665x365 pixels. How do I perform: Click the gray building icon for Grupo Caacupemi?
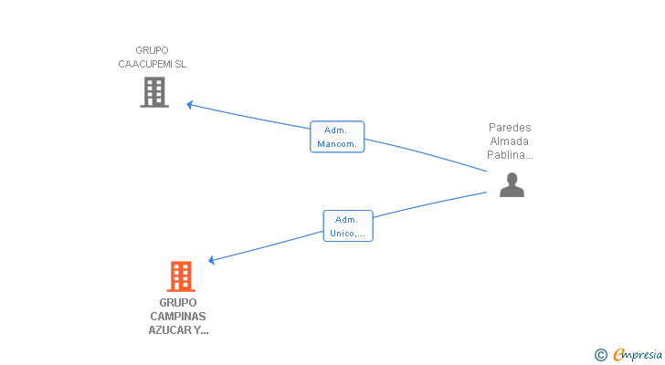point(154,92)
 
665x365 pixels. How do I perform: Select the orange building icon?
point(181,276)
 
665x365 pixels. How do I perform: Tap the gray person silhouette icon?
point(512,184)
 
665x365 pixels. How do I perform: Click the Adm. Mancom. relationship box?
point(337,137)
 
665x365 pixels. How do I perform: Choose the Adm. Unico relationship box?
point(348,226)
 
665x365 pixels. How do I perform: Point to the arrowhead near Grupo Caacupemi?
point(190,105)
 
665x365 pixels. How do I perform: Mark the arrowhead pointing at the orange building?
point(211,260)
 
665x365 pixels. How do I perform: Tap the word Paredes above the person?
point(510,128)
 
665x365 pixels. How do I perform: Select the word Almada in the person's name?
point(510,141)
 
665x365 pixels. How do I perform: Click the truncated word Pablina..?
point(510,155)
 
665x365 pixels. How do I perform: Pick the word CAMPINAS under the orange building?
point(178,317)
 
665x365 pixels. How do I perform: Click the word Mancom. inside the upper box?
point(337,144)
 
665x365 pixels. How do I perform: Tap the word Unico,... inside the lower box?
point(348,234)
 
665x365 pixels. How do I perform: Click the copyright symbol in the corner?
point(600,355)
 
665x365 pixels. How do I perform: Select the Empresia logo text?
point(638,355)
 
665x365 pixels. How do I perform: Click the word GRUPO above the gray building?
point(153,50)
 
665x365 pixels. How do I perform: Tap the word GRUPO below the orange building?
point(178,303)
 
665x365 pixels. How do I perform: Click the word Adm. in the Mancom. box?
point(335,130)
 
